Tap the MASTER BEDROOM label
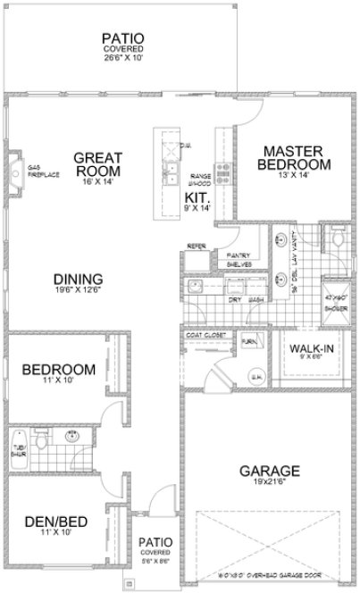(294, 158)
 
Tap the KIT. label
(197, 197)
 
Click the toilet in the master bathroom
(339, 237)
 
